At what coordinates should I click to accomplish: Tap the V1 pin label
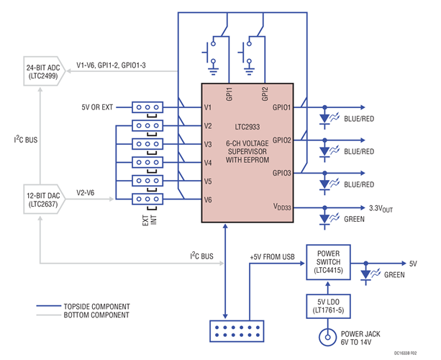point(209,108)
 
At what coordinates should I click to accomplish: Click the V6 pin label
point(209,200)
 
